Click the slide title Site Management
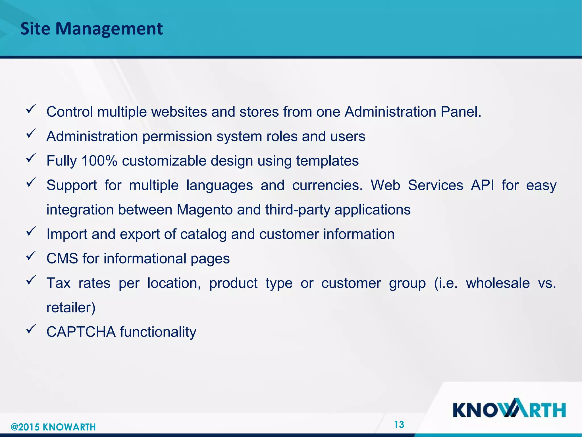point(92,29)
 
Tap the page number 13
point(399,424)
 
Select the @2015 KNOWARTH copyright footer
point(53,427)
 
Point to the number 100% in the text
point(99,161)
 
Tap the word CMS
point(62,259)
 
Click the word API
point(482,185)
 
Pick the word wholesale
point(498,283)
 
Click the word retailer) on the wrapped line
point(71,308)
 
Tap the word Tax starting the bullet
point(58,283)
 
